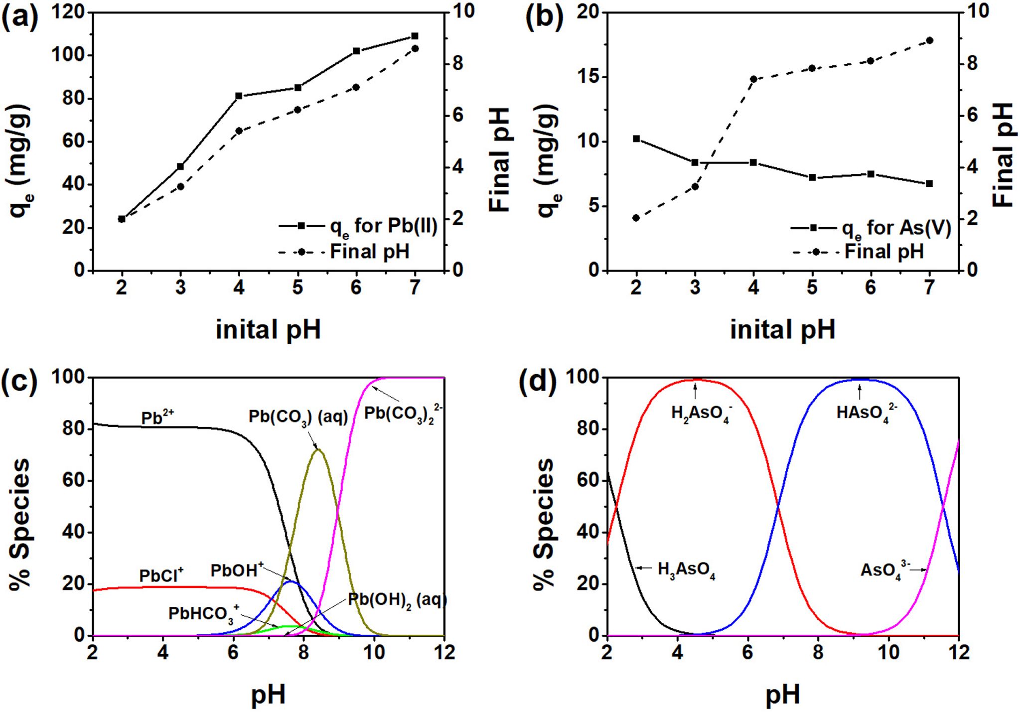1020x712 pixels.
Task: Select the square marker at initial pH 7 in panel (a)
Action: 415,36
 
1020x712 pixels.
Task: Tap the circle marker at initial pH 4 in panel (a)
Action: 239,131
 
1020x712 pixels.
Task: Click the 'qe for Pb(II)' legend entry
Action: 358,227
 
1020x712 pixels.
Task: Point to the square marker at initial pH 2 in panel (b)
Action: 636,139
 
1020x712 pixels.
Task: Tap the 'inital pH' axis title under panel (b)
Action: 782,330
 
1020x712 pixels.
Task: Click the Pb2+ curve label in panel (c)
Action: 157,418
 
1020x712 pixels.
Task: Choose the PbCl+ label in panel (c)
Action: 161,575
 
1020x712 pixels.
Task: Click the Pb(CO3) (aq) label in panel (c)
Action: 298,417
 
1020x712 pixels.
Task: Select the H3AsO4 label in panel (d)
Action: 686,570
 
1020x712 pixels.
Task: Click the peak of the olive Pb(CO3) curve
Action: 317,450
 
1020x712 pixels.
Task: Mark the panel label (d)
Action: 538,384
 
